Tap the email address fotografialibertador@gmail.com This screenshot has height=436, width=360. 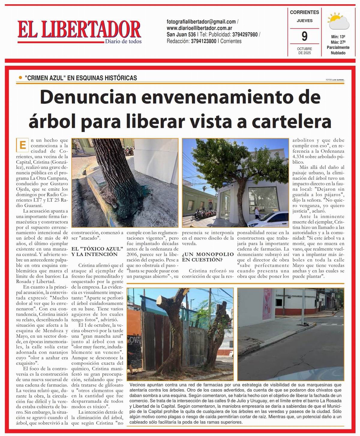coord(201,22)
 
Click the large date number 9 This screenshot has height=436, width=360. coord(304,36)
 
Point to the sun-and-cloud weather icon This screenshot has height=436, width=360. coord(338,21)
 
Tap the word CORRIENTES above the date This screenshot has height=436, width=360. coord(304,12)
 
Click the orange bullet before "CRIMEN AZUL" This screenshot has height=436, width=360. coord(20,78)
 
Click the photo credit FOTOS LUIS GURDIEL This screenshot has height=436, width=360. coord(335,80)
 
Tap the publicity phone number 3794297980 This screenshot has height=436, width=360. coord(245,35)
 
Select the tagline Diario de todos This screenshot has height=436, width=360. coord(123,41)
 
